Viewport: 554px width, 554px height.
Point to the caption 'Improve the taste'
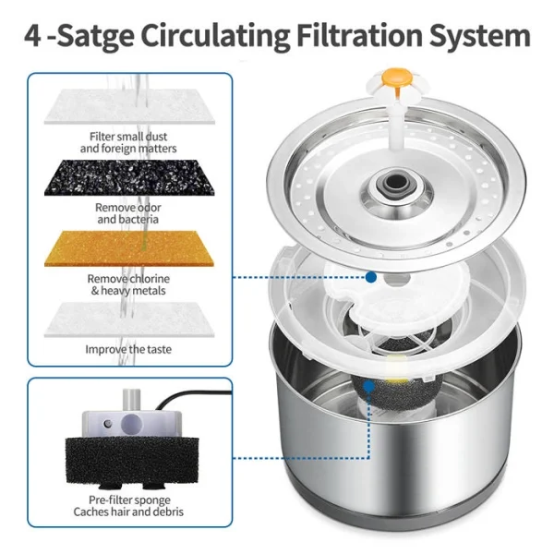tap(129, 350)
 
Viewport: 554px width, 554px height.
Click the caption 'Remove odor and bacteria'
tap(128, 214)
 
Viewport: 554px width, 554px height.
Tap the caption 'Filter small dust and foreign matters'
tap(128, 142)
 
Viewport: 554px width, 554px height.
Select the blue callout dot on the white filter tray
tap(370, 276)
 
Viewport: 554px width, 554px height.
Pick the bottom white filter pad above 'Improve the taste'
tap(129, 317)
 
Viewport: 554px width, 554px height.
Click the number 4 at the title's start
tap(34, 36)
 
